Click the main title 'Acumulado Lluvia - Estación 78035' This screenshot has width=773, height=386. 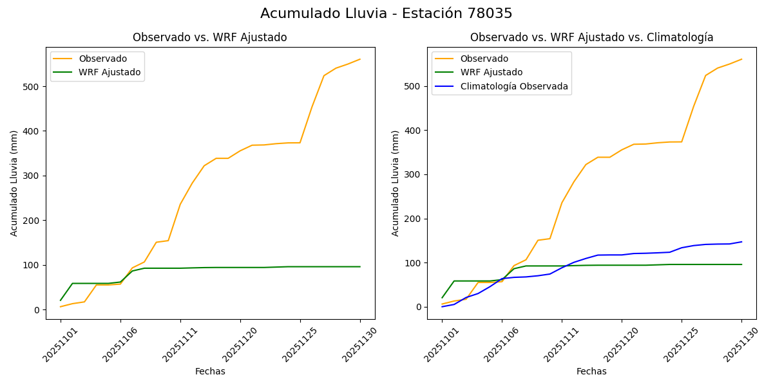coord(386,14)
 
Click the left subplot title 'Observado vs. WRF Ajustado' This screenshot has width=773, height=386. coord(209,37)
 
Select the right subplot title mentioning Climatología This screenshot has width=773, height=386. coord(591,37)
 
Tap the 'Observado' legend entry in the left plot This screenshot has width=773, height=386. coord(102,59)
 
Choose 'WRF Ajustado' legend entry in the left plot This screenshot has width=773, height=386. coord(110,72)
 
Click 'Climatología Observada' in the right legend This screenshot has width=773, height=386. coord(513,86)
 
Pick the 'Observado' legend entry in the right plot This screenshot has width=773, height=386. coord(484,59)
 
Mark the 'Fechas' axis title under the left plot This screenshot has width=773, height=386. coord(210,371)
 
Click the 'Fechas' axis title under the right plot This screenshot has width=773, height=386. coord(591,371)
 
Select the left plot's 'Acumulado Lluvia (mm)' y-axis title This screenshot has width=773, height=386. coord(14,183)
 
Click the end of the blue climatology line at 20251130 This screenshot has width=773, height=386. coord(741,242)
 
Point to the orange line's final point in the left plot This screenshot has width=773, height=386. coord(360,59)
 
